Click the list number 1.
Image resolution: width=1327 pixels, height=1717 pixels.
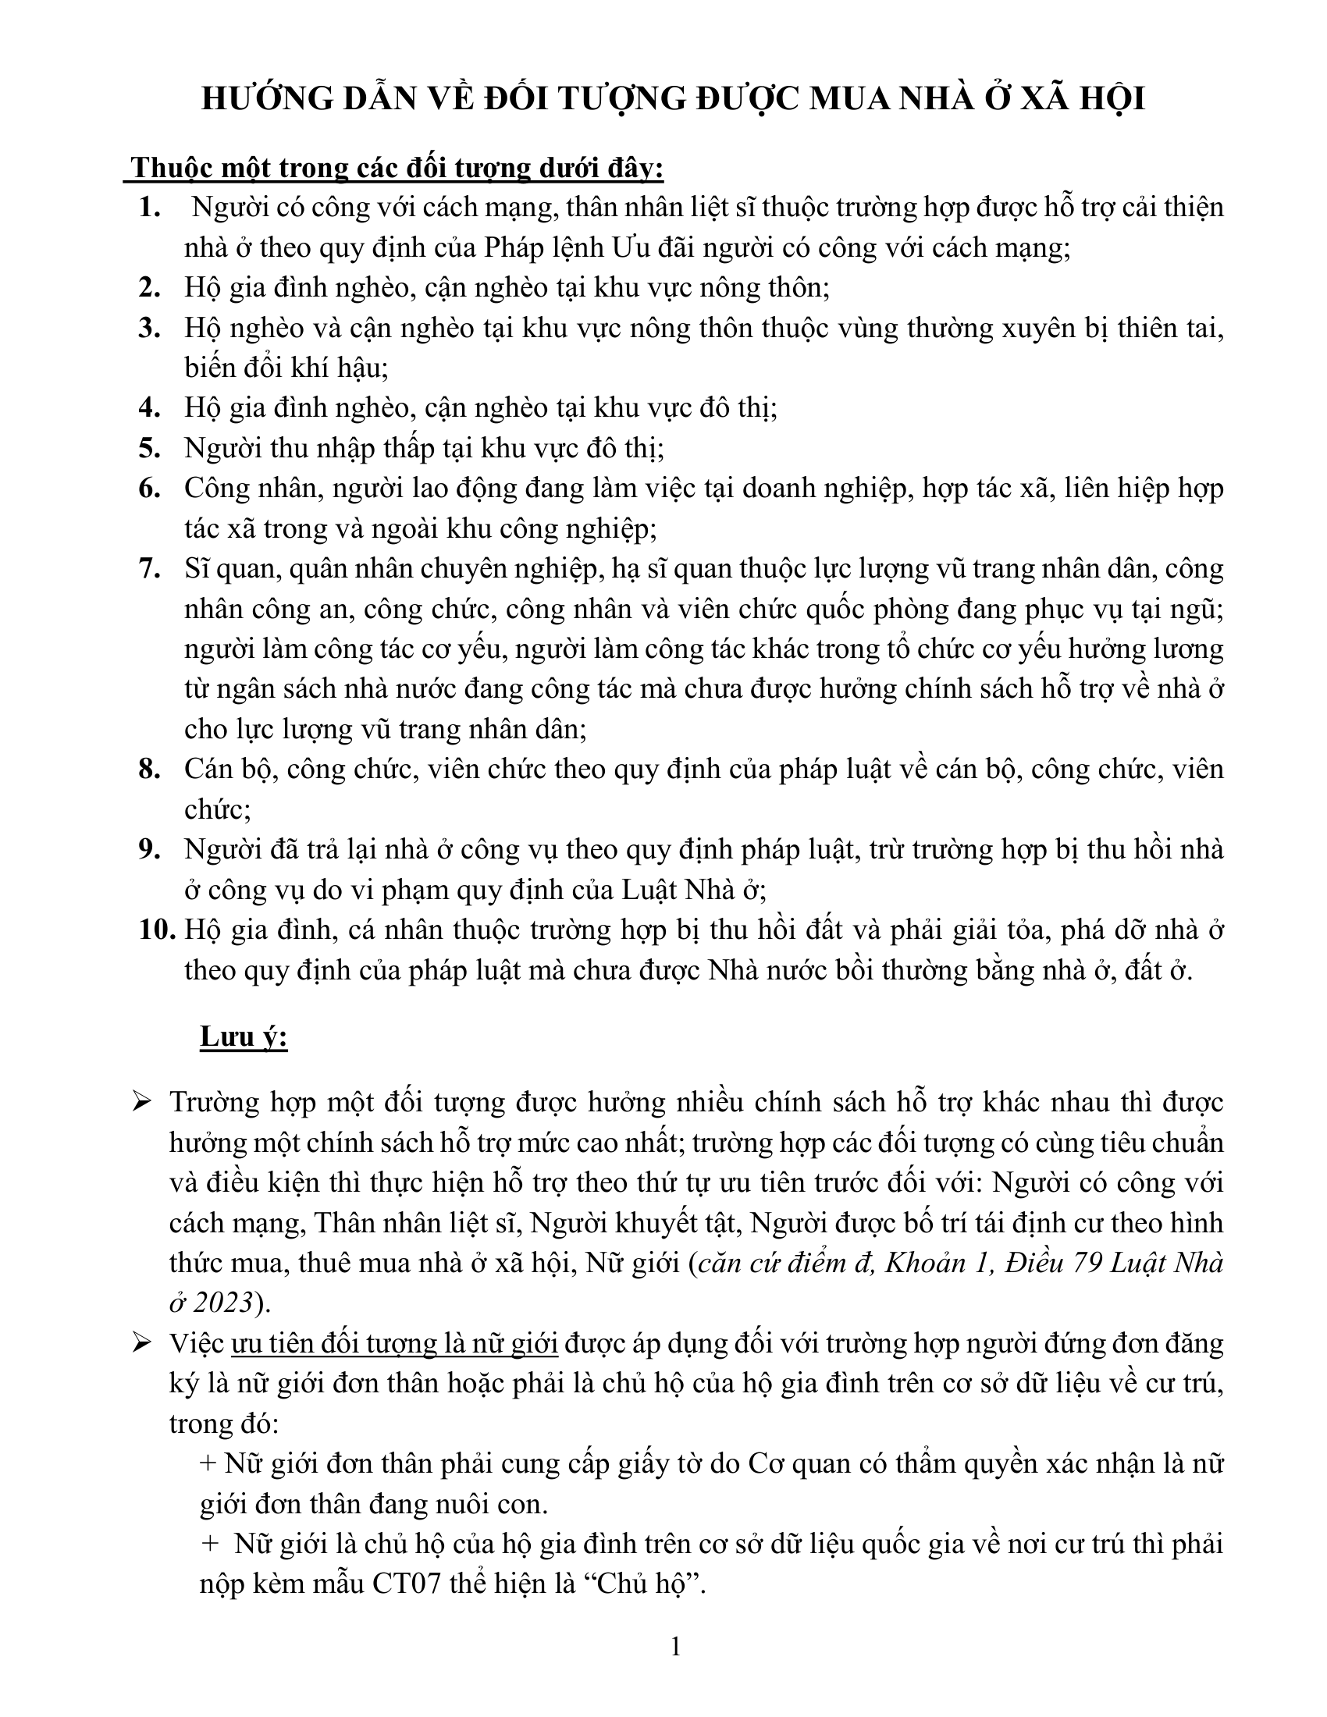[149, 208]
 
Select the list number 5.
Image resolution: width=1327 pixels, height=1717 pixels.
[149, 449]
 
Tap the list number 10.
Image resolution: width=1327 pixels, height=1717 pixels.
[156, 930]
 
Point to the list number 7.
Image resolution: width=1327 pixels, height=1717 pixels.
[149, 569]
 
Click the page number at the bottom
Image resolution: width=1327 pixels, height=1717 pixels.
[675, 1645]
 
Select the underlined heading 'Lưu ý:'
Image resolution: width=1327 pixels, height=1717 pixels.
[244, 1037]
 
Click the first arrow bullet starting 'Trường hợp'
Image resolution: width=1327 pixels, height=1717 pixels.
[143, 1103]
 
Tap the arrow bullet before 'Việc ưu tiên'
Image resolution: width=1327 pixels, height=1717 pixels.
[143, 1344]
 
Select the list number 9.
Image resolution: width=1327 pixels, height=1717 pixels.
[149, 850]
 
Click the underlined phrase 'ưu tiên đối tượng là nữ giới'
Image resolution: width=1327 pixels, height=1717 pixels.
[395, 1344]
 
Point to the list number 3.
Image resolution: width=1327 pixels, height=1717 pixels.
[149, 329]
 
